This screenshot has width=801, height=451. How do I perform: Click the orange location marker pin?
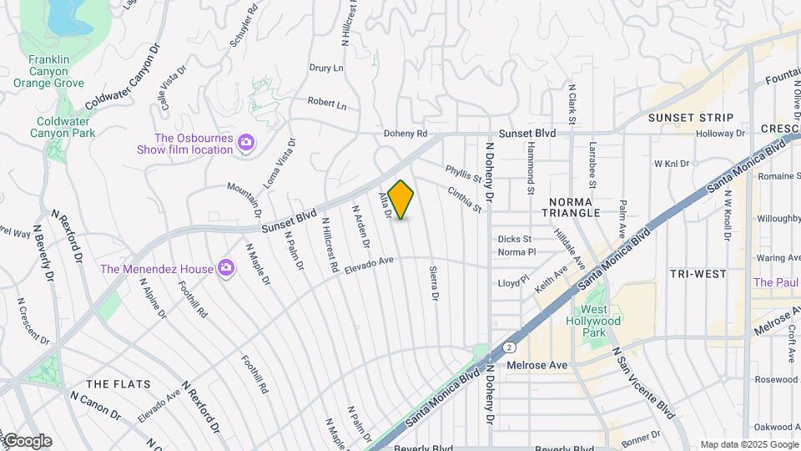[401, 200]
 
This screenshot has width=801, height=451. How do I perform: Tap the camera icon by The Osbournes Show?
[245, 143]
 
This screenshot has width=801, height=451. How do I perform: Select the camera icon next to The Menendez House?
[225, 268]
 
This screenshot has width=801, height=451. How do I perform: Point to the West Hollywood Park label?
[593, 321]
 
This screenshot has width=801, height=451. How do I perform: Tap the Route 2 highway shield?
[508, 347]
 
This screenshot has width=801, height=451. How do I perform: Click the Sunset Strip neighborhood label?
[691, 118]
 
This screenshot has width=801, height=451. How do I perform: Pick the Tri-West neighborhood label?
[698, 274]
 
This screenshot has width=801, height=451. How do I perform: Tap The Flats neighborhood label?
[118, 384]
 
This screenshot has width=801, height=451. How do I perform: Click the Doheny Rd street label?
[406, 134]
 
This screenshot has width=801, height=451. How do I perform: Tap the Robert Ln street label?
[326, 104]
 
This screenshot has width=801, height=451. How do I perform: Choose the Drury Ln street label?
[326, 68]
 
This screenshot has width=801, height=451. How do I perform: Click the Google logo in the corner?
[27, 441]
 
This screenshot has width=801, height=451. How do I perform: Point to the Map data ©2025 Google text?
[748, 444]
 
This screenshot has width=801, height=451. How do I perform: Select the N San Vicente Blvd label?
[643, 383]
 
